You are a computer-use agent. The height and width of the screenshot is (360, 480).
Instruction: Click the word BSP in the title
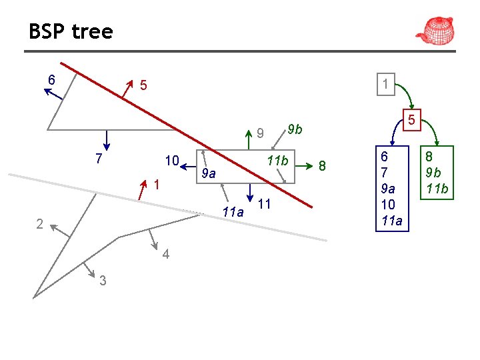[x=45, y=31]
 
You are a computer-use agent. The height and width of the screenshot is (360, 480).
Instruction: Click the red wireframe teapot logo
[x=435, y=30]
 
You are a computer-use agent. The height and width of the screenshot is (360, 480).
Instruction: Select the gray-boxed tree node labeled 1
[x=385, y=84]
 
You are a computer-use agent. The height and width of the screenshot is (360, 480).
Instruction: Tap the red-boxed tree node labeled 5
[x=412, y=121]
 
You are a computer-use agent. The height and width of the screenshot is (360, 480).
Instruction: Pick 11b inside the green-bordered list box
[x=437, y=189]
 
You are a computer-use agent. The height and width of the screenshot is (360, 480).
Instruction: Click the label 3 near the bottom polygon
[x=102, y=281]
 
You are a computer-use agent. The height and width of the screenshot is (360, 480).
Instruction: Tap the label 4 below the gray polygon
[x=165, y=255]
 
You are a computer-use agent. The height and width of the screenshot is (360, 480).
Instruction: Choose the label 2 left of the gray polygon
[x=39, y=224]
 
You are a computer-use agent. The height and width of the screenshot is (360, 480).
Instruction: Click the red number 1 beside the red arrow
[x=155, y=184]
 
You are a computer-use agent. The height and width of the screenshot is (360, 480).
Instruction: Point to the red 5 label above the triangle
[x=143, y=85]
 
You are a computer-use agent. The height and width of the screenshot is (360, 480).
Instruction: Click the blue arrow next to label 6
[x=53, y=93]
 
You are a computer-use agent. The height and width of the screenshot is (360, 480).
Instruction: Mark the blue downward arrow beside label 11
[x=249, y=191]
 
